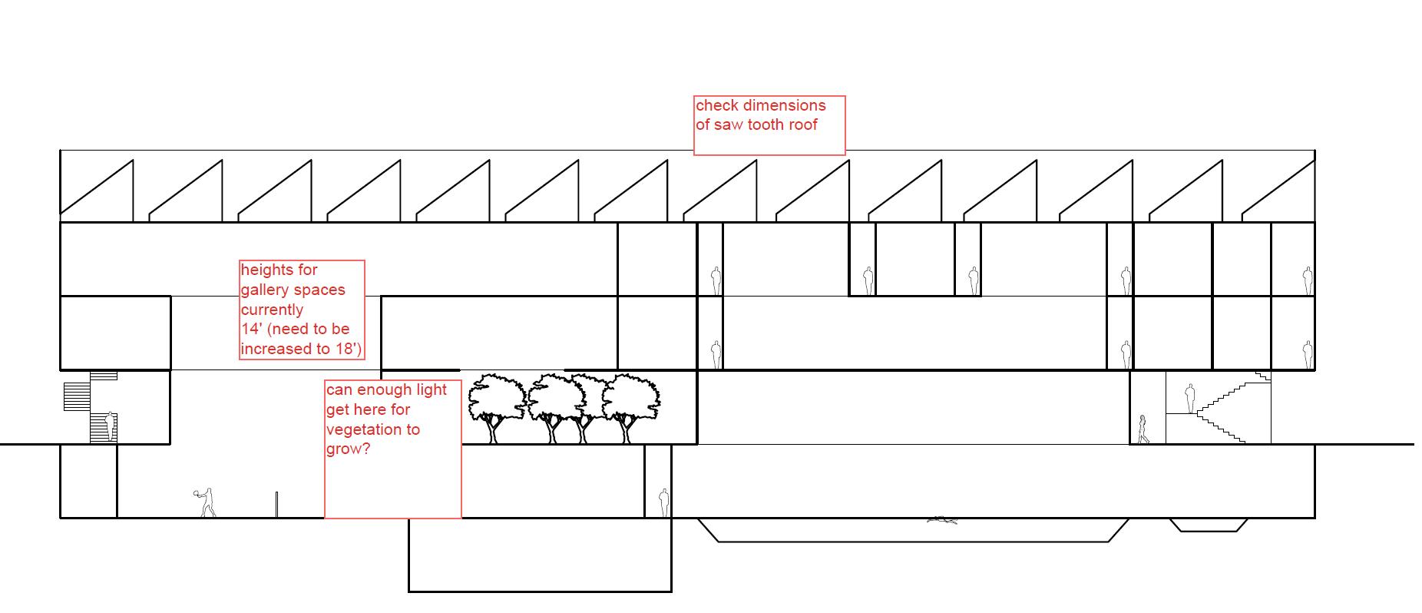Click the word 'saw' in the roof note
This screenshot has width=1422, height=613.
click(x=729, y=124)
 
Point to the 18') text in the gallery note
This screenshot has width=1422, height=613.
click(x=346, y=349)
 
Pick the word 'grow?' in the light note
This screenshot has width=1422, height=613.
click(x=348, y=449)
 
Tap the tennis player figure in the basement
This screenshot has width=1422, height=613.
click(x=205, y=502)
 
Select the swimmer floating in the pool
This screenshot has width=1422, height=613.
click(x=942, y=521)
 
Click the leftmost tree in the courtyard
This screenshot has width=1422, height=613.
click(x=496, y=407)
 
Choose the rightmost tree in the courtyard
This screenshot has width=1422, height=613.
click(x=631, y=407)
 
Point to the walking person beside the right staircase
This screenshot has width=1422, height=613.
click(x=1143, y=429)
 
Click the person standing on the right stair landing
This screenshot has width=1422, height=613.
click(x=1189, y=399)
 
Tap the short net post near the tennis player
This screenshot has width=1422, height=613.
click(x=276, y=505)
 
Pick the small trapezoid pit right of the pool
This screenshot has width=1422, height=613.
click(x=1209, y=525)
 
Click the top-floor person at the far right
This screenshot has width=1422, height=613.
click(x=1307, y=280)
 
